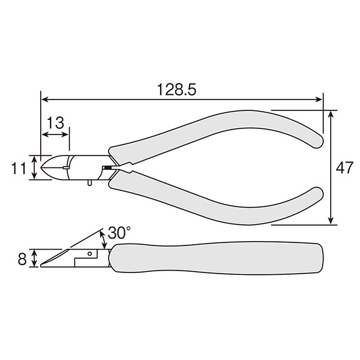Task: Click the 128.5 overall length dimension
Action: [x=176, y=89]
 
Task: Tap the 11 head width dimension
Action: [x=19, y=169]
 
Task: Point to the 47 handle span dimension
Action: [x=344, y=167]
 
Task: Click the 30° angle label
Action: [x=119, y=233]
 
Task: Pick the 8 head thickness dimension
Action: [x=22, y=259]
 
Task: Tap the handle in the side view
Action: [x=217, y=258]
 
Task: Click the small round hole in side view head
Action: [x=90, y=254]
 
